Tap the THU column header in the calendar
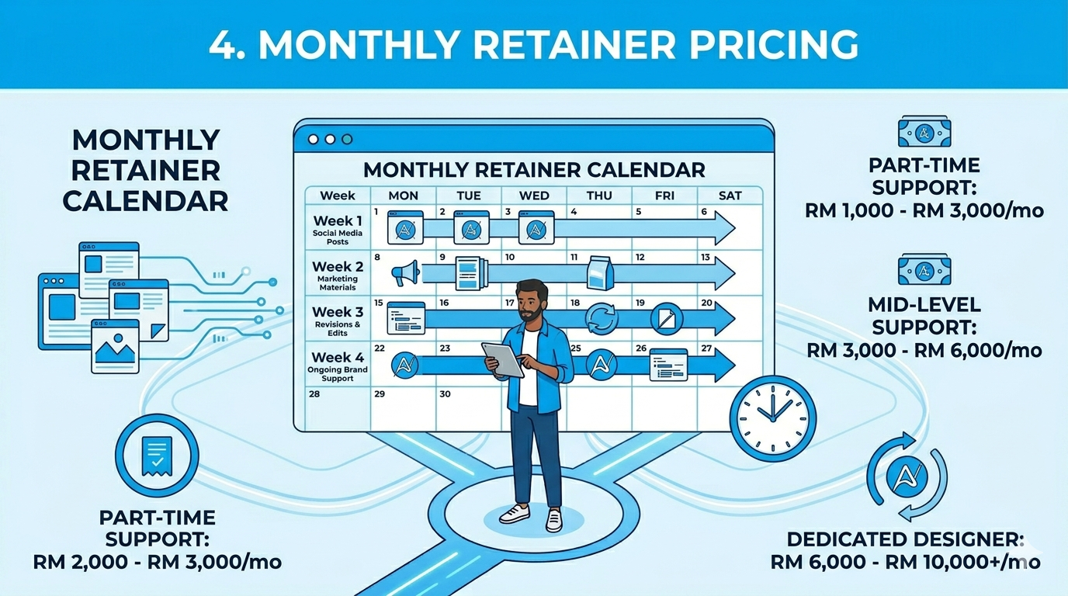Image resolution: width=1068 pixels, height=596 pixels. pyautogui.click(x=599, y=196)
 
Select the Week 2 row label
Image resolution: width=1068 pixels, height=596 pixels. pyautogui.click(x=338, y=275)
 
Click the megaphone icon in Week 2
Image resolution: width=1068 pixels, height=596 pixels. pyautogui.click(x=406, y=272)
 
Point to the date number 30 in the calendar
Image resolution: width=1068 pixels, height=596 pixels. pyautogui.click(x=445, y=393)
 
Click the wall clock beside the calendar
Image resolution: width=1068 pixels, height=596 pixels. pyautogui.click(x=772, y=418)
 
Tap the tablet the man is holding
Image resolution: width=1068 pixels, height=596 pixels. pyautogui.click(x=503, y=359)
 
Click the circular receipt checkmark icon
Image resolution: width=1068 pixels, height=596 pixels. pyautogui.click(x=157, y=456)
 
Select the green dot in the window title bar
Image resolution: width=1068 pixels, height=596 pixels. pyautogui.click(x=347, y=139)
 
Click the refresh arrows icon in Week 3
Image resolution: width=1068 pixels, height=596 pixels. pyautogui.click(x=602, y=318)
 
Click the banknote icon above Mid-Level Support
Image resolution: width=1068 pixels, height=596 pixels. pyautogui.click(x=924, y=270)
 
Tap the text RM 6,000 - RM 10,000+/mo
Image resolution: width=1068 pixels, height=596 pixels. pyautogui.click(x=906, y=562)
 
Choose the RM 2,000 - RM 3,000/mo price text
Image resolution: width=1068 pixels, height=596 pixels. pyautogui.click(x=158, y=562)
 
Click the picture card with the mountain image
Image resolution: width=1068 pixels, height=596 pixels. pyautogui.click(x=116, y=346)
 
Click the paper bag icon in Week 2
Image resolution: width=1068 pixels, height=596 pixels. pyautogui.click(x=600, y=272)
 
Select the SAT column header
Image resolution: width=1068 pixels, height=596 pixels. pyautogui.click(x=730, y=196)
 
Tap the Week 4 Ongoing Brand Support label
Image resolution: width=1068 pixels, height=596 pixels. pyautogui.click(x=338, y=366)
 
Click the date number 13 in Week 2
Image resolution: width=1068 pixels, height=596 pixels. pyautogui.click(x=706, y=258)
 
